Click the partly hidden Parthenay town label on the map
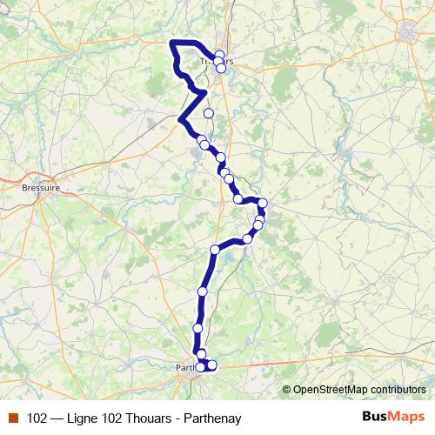[185, 368]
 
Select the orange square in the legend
[12, 418]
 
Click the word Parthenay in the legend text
[211, 418]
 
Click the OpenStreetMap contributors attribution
[358, 390]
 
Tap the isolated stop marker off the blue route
[209, 113]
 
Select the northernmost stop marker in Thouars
[219, 55]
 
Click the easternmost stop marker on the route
[262, 204]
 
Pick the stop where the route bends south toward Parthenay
[215, 251]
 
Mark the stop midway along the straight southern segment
[203, 291]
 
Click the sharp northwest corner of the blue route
[172, 43]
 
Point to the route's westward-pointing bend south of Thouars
[180, 120]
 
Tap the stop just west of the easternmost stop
[238, 199]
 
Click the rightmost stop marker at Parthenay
[212, 365]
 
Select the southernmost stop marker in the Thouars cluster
[222, 69]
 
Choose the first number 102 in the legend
[37, 418]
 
